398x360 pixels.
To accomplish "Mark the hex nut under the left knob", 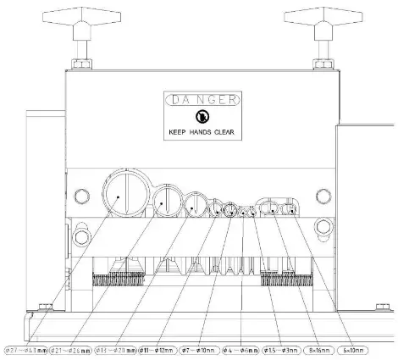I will click(x=82, y=64).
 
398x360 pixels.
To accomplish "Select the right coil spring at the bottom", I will click(x=286, y=280).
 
